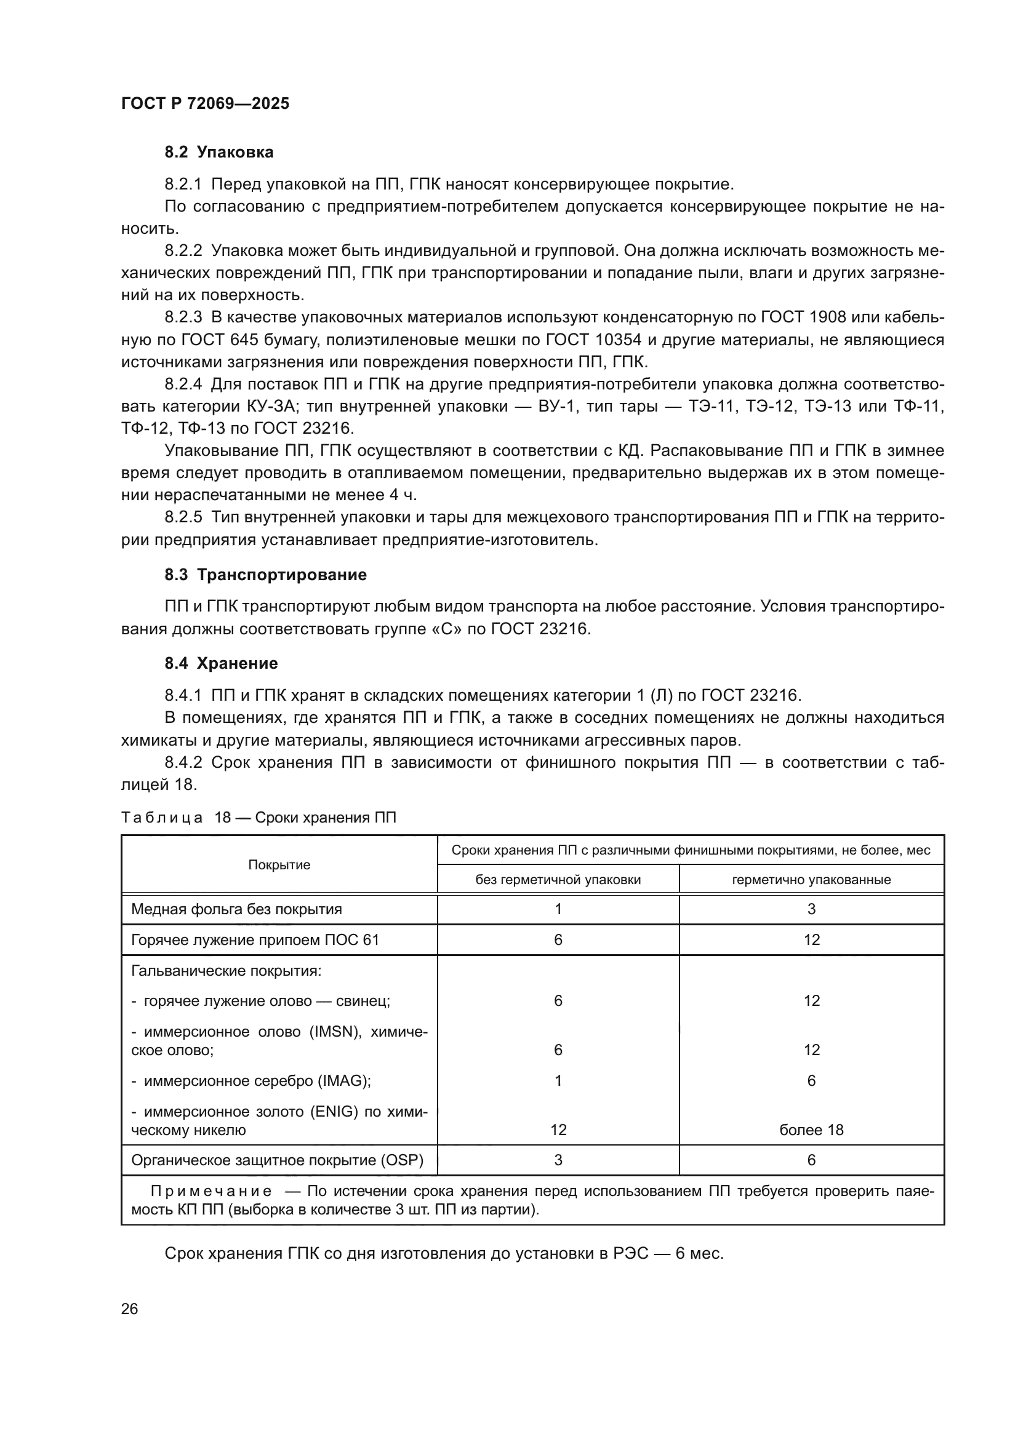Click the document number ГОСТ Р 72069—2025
(x=205, y=103)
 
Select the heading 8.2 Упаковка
(x=218, y=153)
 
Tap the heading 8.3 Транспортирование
(x=266, y=575)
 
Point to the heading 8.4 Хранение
(x=222, y=663)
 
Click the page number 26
(x=129, y=1309)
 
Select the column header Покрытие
(x=279, y=865)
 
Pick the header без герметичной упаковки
(x=558, y=879)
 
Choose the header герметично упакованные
(x=811, y=879)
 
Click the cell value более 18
(x=811, y=1130)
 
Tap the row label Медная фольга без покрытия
(x=236, y=909)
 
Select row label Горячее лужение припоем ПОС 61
(x=255, y=939)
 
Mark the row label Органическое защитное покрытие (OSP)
(x=277, y=1160)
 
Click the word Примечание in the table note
(x=211, y=1192)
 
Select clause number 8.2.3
(x=183, y=317)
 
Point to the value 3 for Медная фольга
(x=811, y=909)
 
